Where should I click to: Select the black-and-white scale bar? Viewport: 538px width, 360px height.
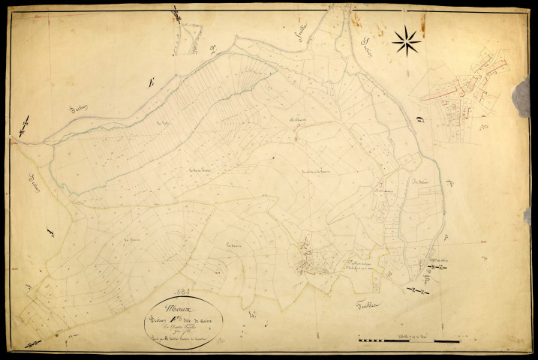click(409, 342)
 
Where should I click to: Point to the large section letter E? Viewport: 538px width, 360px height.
click(150, 84)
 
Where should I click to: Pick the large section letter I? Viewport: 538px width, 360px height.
click(51, 233)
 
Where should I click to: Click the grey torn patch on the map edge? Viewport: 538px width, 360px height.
click(520, 97)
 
